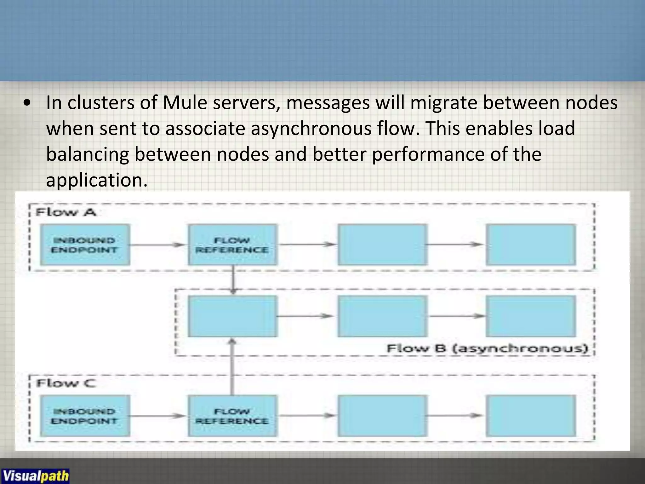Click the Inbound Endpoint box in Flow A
click(85, 245)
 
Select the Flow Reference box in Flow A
click(232, 245)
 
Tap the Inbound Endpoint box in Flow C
click(85, 416)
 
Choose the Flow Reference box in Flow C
click(232, 416)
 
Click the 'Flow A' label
click(66, 212)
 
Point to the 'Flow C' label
click(66, 383)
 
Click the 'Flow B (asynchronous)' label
click(487, 349)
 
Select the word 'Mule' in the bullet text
click(185, 103)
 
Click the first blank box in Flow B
click(232, 316)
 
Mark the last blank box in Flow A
click(531, 245)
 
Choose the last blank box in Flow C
click(531, 416)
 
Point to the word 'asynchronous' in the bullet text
click(311, 129)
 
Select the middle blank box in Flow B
click(382, 316)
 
